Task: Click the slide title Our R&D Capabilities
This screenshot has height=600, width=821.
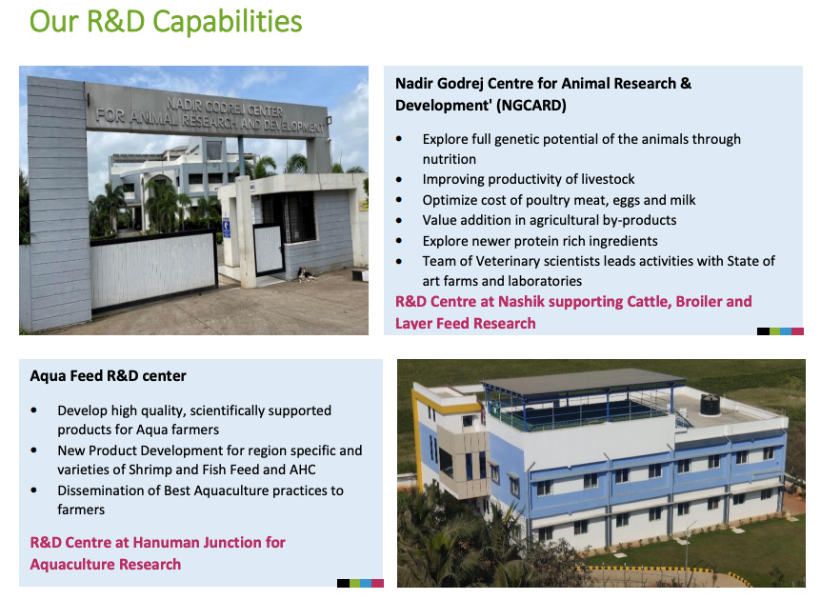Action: pyautogui.click(x=166, y=21)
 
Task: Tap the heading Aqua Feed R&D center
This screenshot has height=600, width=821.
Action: pyautogui.click(x=108, y=375)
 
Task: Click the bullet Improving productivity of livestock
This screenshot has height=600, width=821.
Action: pyautogui.click(x=529, y=179)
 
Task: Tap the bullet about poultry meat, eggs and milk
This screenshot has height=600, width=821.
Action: pyautogui.click(x=559, y=200)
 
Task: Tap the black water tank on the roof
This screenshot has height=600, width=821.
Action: pyautogui.click(x=711, y=403)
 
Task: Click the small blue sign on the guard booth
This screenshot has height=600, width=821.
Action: pyautogui.click(x=226, y=228)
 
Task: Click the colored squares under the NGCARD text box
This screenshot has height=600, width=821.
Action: pyautogui.click(x=780, y=331)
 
